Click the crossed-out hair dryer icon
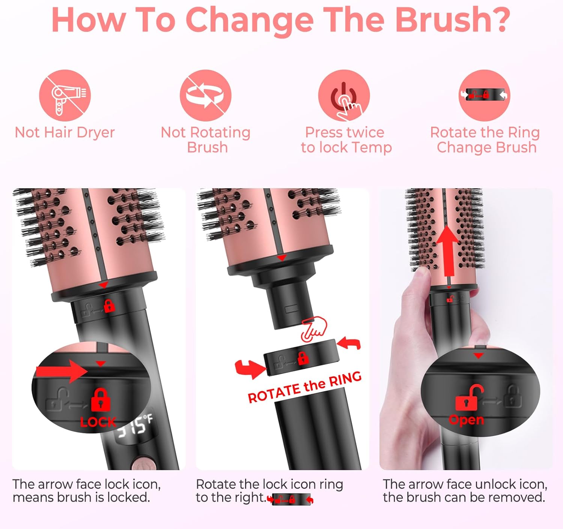click(x=65, y=95)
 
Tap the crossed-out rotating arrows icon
click(x=205, y=95)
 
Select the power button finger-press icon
click(x=344, y=95)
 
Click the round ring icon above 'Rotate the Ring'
click(x=484, y=95)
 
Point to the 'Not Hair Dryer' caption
click(x=65, y=133)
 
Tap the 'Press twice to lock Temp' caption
click(x=346, y=140)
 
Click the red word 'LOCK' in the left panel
click(x=98, y=422)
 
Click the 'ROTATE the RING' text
click(x=304, y=387)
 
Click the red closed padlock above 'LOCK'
click(x=100, y=400)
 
